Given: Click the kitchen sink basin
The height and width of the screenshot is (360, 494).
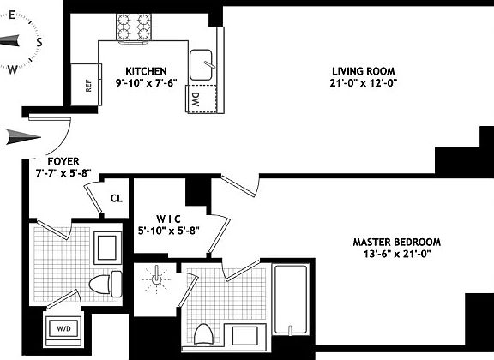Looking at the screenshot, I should (x=203, y=63).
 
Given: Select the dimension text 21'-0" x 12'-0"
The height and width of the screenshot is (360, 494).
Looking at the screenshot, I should (x=364, y=83).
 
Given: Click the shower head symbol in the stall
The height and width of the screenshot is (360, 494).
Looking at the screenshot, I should (x=157, y=279).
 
